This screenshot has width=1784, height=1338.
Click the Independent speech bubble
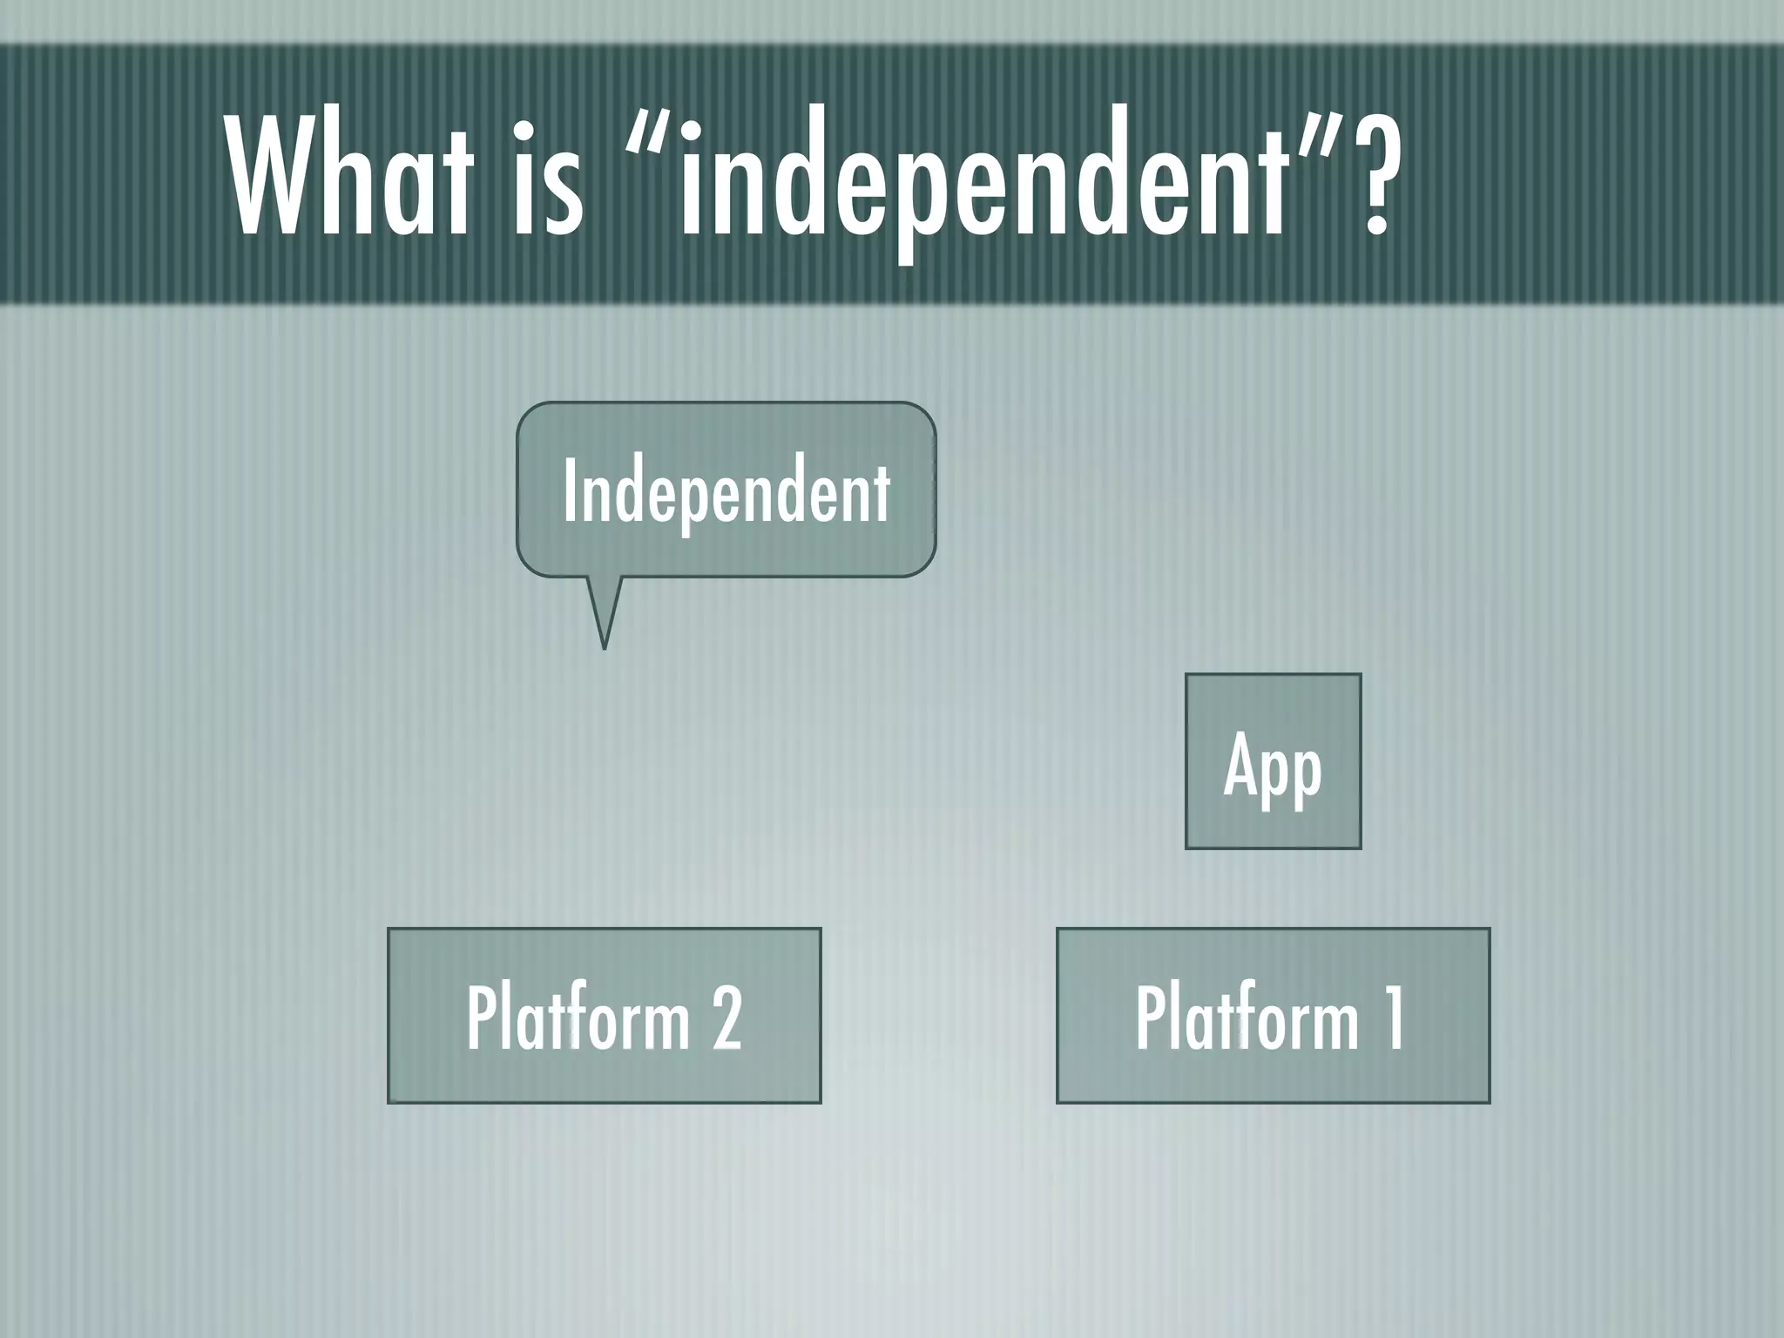[x=726, y=490]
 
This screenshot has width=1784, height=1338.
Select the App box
[x=1273, y=761]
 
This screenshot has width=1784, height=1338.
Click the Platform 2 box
[x=604, y=1016]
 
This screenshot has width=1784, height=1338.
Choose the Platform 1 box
[x=1273, y=1016]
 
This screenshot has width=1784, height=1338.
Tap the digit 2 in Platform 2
[x=726, y=1017]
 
